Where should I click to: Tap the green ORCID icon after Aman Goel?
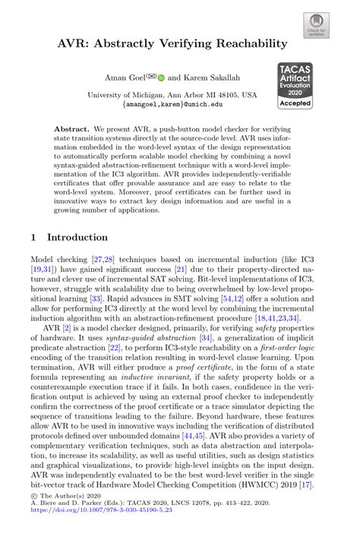pos(161,77)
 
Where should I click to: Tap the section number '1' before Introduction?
pos(33,237)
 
